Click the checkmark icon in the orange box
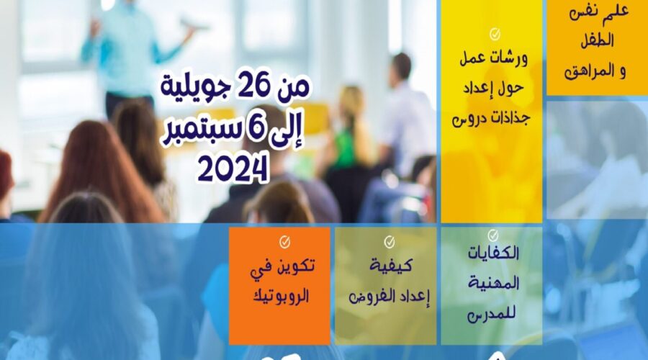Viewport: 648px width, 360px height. tap(284, 242)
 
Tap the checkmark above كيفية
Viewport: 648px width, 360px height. tap(390, 242)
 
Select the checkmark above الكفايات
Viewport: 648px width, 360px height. tap(492, 235)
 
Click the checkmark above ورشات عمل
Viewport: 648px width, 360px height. tap(495, 35)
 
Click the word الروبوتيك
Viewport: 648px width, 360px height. tap(281, 296)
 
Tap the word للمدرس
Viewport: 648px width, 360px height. tap(492, 315)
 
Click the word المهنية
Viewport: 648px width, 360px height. tap(493, 283)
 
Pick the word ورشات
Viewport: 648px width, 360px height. tap(510, 58)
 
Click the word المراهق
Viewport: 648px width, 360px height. tap(590, 71)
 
